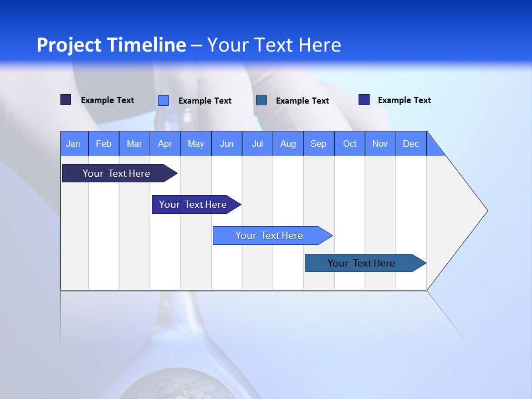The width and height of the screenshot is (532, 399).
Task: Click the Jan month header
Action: [74, 144]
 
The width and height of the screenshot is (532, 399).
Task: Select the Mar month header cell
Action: [134, 144]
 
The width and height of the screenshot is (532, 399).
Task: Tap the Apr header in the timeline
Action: [165, 144]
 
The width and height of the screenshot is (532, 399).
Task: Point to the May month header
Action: [196, 144]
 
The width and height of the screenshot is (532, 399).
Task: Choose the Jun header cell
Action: [227, 144]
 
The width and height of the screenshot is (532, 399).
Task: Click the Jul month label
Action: [257, 144]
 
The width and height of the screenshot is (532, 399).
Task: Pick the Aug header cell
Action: [288, 144]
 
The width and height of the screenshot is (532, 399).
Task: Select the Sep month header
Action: [319, 144]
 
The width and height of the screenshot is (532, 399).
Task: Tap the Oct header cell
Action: [350, 144]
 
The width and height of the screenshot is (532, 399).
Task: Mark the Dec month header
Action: [411, 144]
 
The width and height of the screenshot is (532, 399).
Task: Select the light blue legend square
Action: [163, 100]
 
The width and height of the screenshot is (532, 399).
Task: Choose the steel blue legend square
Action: [262, 100]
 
